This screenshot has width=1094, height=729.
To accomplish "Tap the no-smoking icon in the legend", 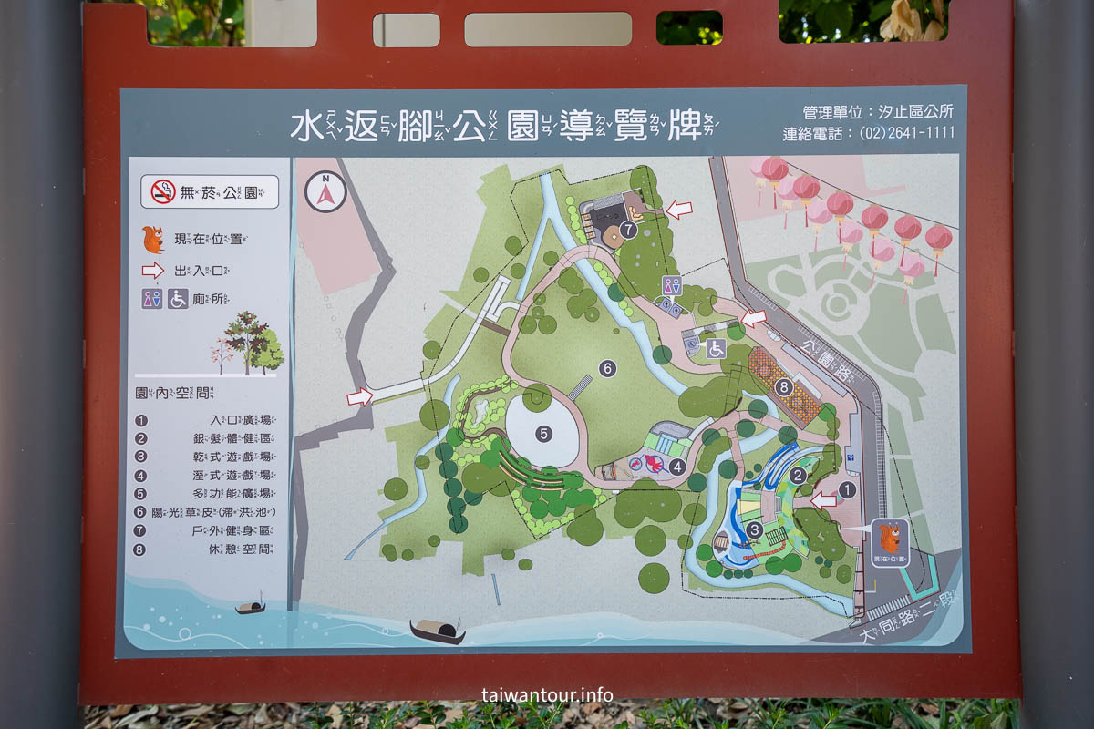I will pyautogui.click(x=163, y=191).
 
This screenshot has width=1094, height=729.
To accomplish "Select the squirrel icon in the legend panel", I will pyautogui.click(x=152, y=240).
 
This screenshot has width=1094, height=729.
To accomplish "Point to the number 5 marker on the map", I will pyautogui.click(x=544, y=433).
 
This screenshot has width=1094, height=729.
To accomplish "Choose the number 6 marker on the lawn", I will pyautogui.click(x=608, y=368).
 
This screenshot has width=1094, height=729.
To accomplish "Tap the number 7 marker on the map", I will pyautogui.click(x=628, y=230).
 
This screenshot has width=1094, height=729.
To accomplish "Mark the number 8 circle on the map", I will pyautogui.click(x=784, y=386).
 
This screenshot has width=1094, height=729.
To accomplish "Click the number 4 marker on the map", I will pyautogui.click(x=676, y=467).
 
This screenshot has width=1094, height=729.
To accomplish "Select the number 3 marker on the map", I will pyautogui.click(x=754, y=529).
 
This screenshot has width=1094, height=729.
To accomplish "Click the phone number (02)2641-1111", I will pyautogui.click(x=906, y=133).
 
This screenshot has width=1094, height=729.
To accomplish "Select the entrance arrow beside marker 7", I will pyautogui.click(x=678, y=210).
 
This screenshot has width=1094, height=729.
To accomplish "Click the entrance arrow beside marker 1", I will pyautogui.click(x=823, y=500).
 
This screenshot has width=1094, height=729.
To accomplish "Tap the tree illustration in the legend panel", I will pyautogui.click(x=248, y=344).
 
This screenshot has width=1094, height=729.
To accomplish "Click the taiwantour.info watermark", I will pyautogui.click(x=547, y=694).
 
